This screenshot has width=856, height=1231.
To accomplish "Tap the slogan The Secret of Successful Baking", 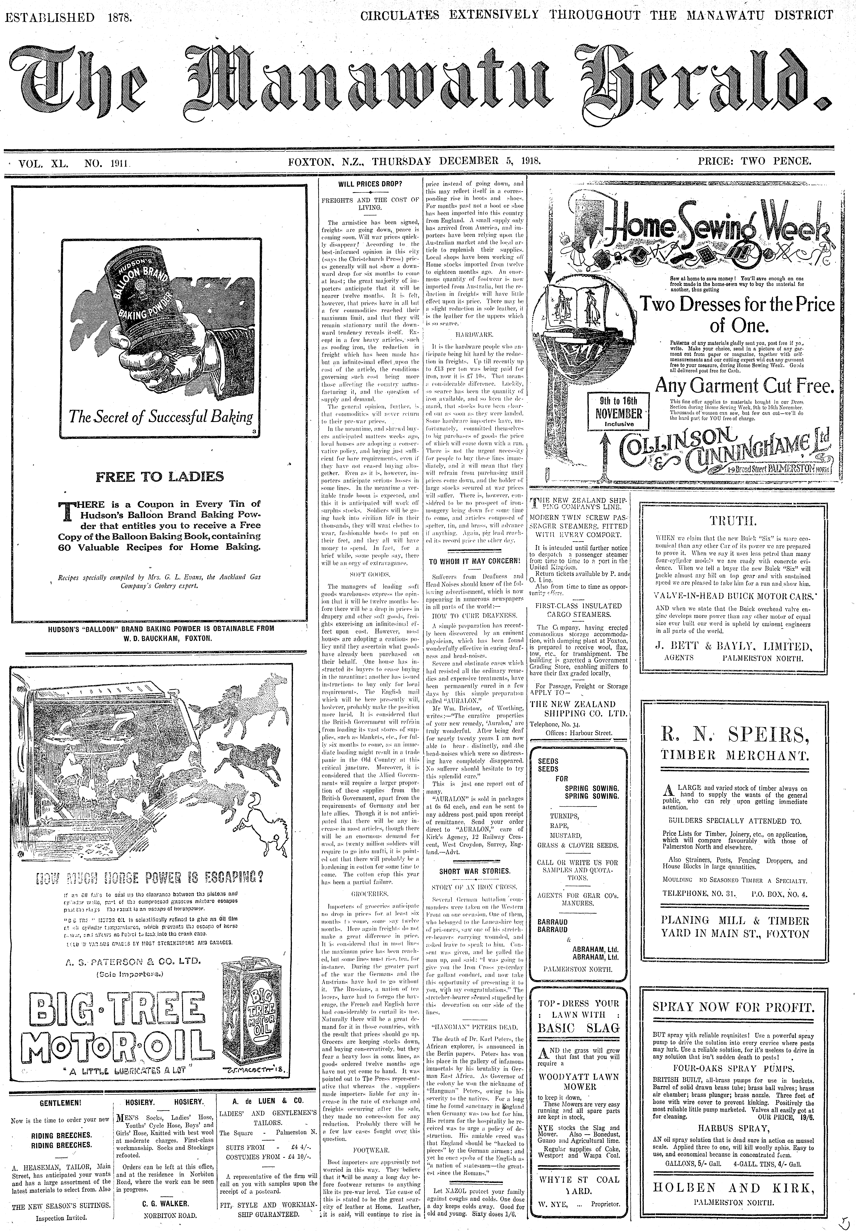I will [160, 417].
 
